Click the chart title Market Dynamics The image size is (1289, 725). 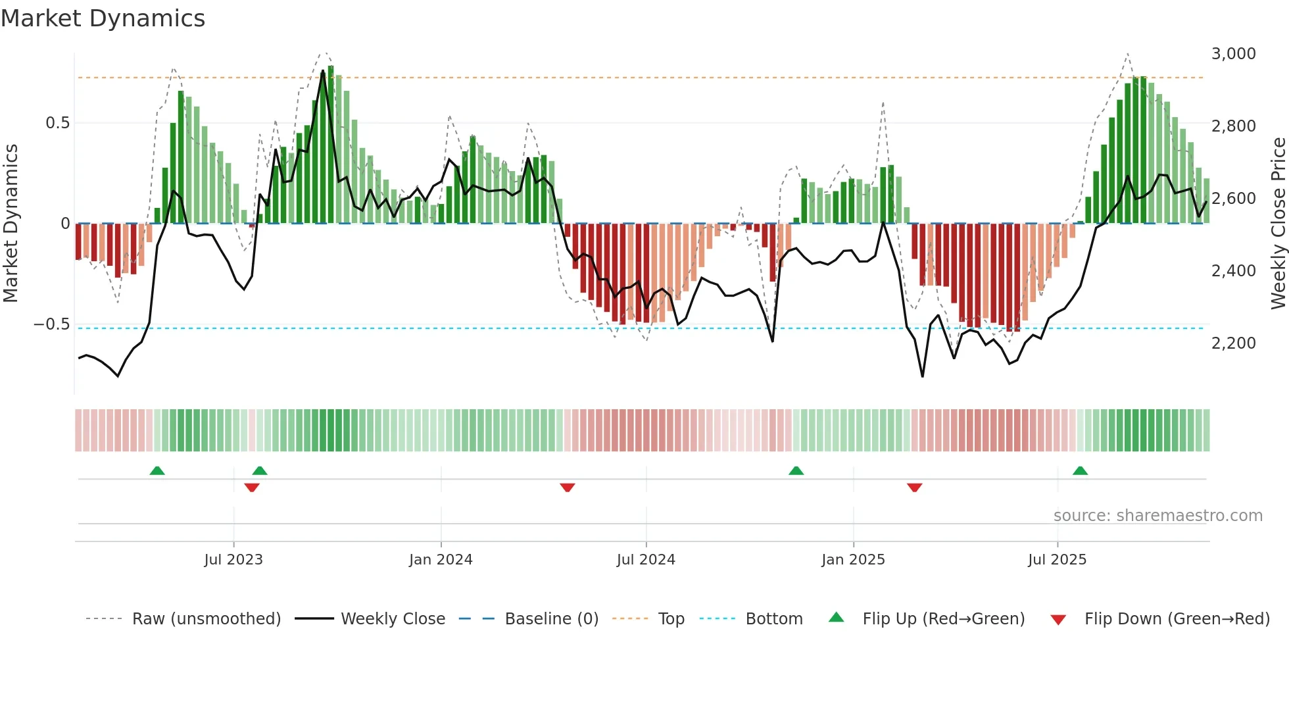[x=103, y=18]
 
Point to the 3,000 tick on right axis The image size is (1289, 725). [x=1233, y=54]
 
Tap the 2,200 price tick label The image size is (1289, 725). [x=1233, y=343]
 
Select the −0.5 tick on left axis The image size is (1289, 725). [x=51, y=324]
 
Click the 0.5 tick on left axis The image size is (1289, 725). [x=57, y=123]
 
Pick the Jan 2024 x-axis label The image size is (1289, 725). [x=441, y=560]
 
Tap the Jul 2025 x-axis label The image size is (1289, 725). [x=1057, y=560]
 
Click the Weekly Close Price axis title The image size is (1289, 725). [x=1278, y=223]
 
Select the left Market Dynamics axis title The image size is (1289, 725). [x=11, y=223]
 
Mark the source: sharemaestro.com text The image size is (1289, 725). [x=1157, y=516]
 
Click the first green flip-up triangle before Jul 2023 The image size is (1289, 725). [x=157, y=470]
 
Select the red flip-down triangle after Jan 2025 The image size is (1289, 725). [x=914, y=488]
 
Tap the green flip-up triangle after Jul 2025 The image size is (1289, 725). [x=1080, y=470]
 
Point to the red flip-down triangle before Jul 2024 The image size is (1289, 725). [x=568, y=488]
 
